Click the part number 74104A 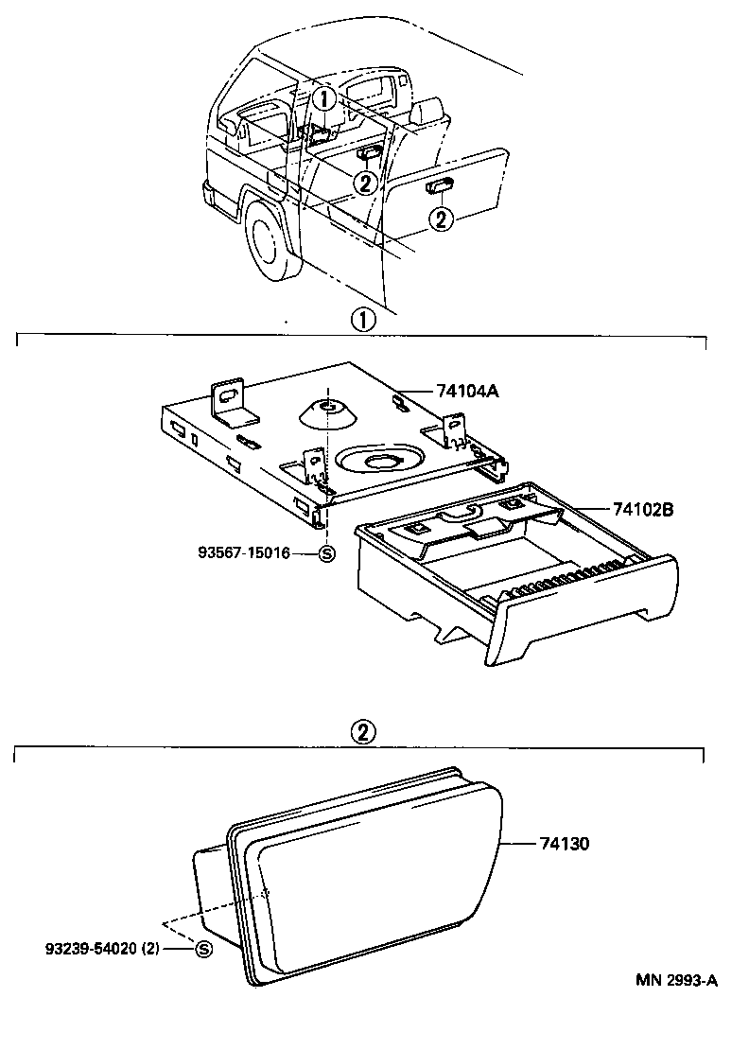coord(466,390)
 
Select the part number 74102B coord(642,509)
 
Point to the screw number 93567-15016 coord(245,554)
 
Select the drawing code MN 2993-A coord(675,980)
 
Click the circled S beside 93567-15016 coord(326,554)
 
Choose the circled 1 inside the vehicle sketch coord(323,98)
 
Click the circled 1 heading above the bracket coord(363,319)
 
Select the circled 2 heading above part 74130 coord(364,730)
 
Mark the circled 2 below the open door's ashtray coord(441,219)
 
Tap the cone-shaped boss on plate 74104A coord(327,413)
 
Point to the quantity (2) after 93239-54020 coord(176,948)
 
